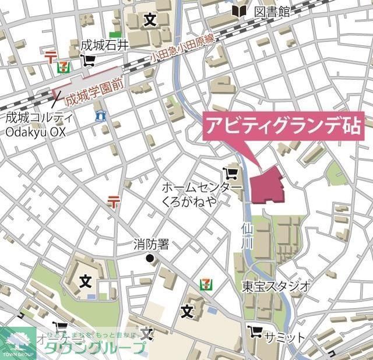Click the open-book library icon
(238, 10)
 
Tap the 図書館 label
(272, 11)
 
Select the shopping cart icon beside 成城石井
(89, 60)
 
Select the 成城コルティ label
(40, 118)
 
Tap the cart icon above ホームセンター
(231, 173)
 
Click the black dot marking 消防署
(150, 258)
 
